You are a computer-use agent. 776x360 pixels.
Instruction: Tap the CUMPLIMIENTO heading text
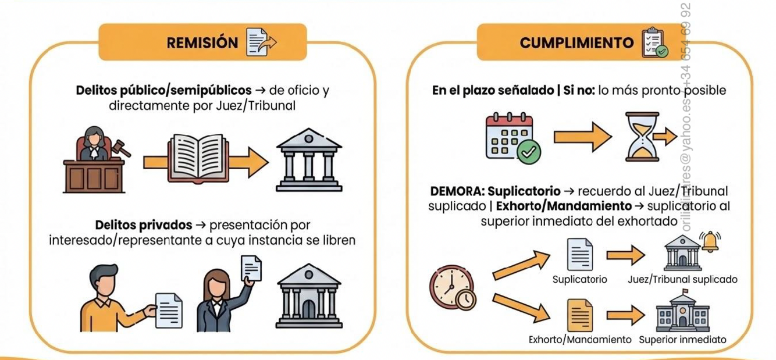click(x=576, y=43)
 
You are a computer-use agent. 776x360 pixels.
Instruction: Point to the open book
click(x=195, y=156)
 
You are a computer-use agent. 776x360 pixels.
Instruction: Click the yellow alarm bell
click(x=710, y=241)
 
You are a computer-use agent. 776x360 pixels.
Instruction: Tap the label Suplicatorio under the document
click(x=579, y=280)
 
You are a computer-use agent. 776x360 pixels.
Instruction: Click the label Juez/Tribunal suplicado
click(x=682, y=280)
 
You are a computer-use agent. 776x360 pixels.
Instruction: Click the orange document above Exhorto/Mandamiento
click(x=580, y=315)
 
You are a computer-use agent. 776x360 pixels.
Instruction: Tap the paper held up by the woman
click(x=251, y=268)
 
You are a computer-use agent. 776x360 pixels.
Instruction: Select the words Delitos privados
click(x=143, y=225)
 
